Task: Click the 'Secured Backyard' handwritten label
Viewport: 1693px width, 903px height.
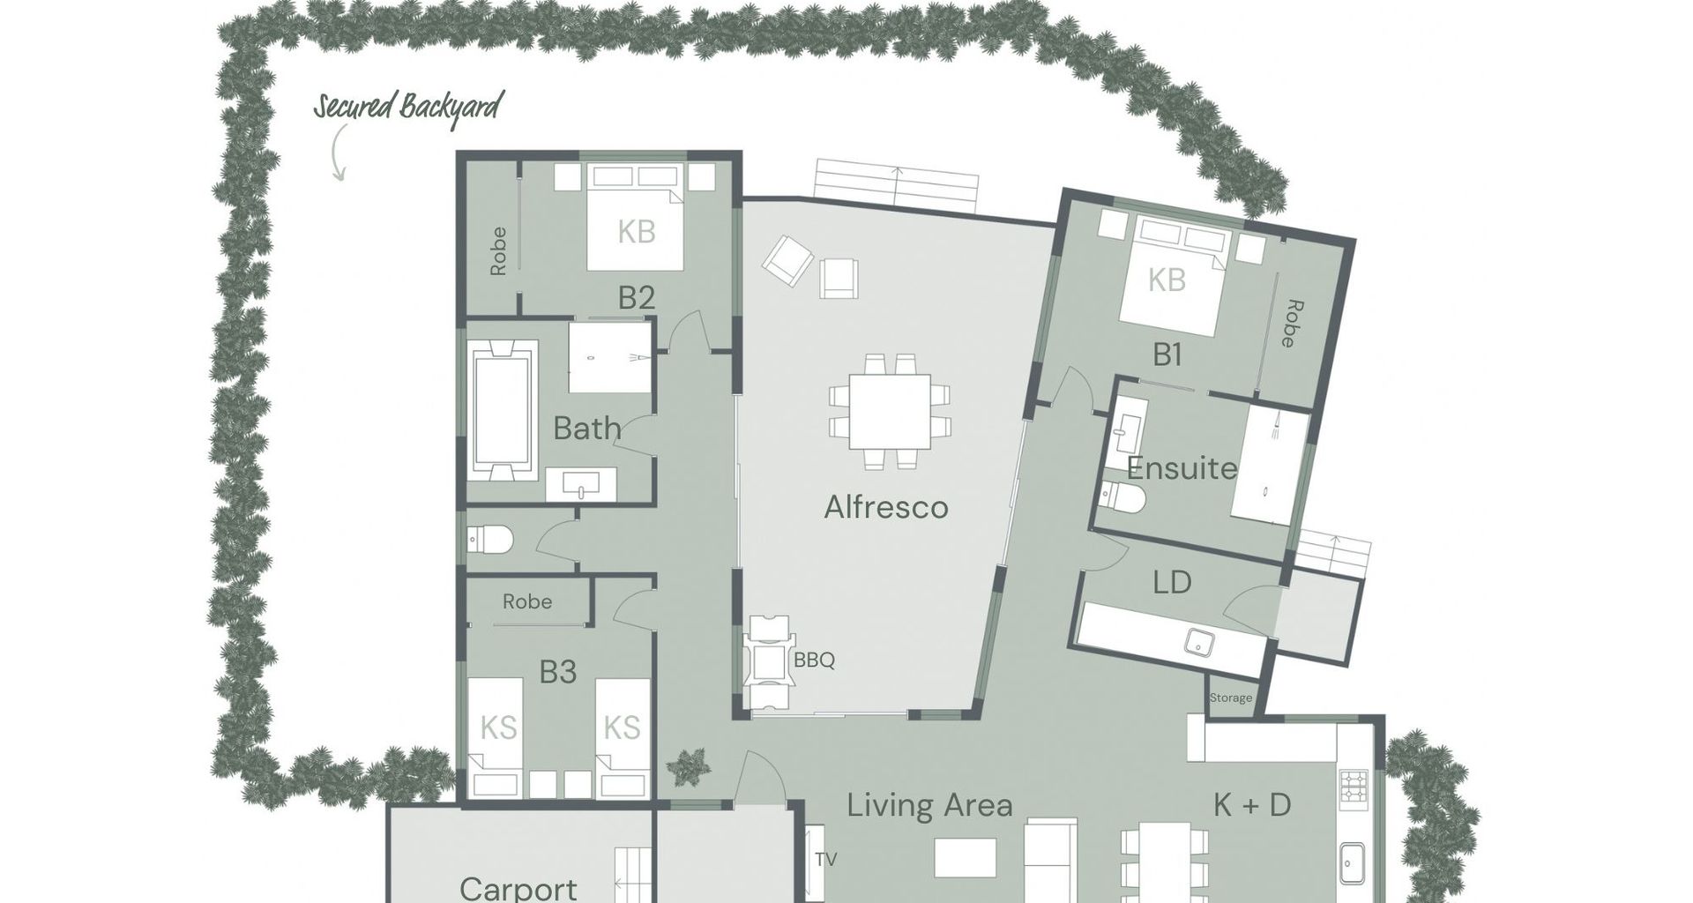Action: [408, 107]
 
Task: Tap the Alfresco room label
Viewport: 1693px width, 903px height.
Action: [886, 507]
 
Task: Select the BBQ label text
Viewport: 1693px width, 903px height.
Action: [814, 660]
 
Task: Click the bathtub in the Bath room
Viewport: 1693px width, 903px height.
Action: [503, 410]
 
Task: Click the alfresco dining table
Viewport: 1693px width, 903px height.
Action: [890, 411]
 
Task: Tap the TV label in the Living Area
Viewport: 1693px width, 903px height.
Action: [826, 859]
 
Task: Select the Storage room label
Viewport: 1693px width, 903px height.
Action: [1231, 698]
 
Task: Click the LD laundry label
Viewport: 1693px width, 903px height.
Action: [1172, 582]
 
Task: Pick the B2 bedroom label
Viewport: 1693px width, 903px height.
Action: [636, 297]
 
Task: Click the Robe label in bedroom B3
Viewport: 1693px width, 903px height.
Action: [527, 601]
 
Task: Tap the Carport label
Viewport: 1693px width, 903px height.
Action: [518, 887]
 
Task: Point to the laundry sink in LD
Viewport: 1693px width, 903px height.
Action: [1197, 643]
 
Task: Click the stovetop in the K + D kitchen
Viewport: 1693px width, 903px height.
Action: [1354, 789]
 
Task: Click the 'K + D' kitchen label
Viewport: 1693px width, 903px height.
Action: [1252, 804]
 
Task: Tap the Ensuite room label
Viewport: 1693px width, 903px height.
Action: [1182, 468]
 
